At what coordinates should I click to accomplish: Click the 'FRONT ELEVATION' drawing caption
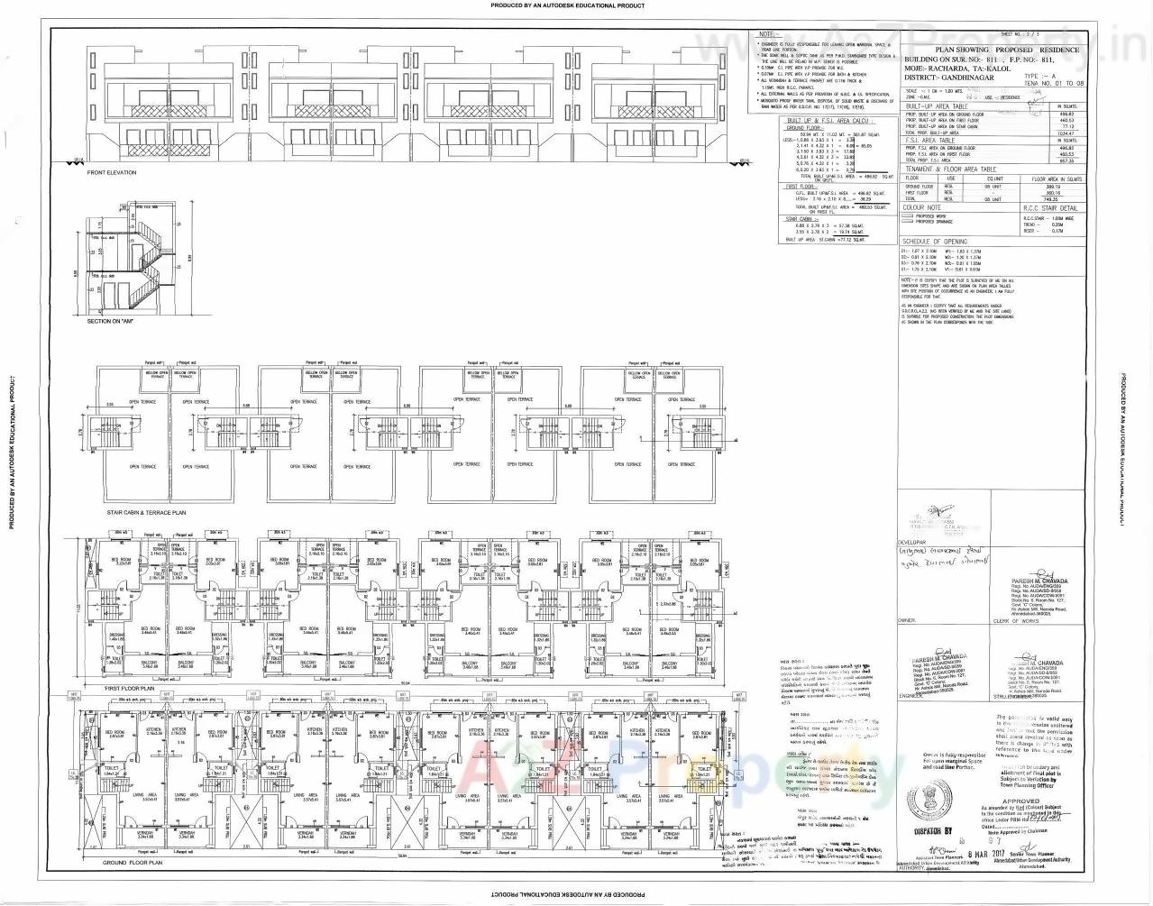click(112, 173)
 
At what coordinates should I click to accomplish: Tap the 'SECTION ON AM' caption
click(111, 321)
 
